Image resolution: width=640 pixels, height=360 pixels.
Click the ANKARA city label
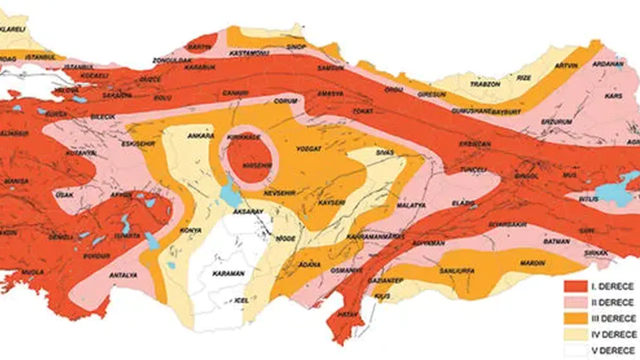coord(200,135)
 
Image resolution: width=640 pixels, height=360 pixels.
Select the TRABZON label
coord(484,84)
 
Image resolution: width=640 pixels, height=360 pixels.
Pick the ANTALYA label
coord(123,275)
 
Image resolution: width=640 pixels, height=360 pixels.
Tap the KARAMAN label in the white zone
coord(228,273)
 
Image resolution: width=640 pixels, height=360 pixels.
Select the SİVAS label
coord(385,152)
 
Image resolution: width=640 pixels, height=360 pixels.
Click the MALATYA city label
coord(411,205)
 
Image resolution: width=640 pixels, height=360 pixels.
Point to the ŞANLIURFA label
coord(456,271)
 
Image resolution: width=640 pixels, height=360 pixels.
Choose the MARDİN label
coord(531,261)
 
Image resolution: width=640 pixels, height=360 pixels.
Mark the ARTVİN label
coord(568,65)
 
